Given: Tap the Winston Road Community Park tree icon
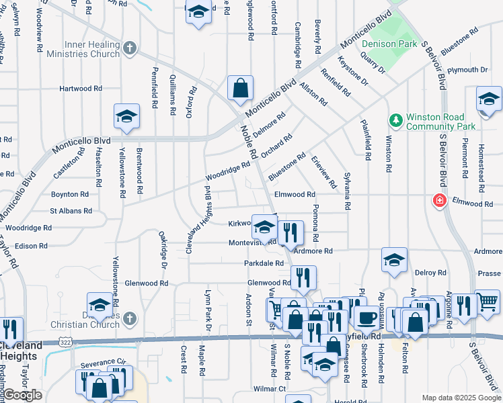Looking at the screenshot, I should coord(397,120).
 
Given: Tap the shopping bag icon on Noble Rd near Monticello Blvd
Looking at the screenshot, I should coord(240,87).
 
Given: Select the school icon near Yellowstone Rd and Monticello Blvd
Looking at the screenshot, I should coord(126,117).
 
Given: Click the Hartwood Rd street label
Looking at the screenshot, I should coord(80,88).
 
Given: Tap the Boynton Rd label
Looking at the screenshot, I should coord(70,194).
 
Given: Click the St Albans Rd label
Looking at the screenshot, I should coord(71,211).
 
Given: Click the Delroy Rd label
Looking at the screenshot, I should coord(430,273).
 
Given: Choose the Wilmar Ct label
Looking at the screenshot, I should coord(270,388).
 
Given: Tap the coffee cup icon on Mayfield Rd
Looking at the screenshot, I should coord(367,317).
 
